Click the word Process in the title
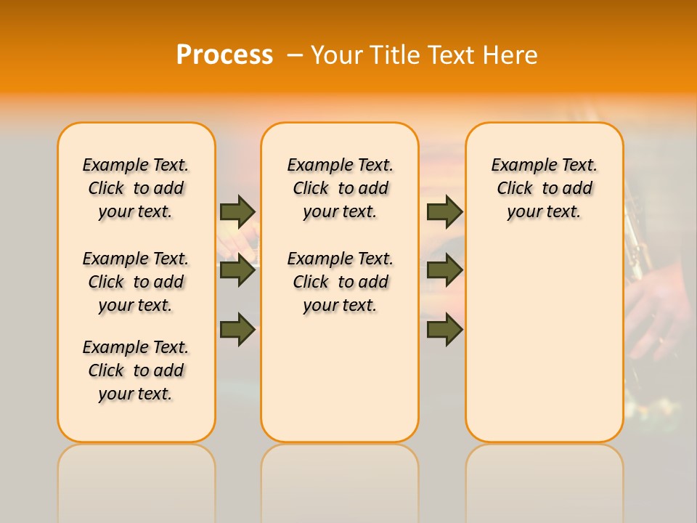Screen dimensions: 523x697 pyautogui.click(x=224, y=54)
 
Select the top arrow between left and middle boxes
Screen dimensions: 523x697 pyautogui.click(x=237, y=211)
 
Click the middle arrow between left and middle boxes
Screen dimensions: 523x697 pyautogui.click(x=237, y=271)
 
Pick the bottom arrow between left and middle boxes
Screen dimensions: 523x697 pyautogui.click(x=237, y=330)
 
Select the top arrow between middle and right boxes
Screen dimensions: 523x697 pyautogui.click(x=444, y=211)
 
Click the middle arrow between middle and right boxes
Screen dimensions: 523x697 pyautogui.click(x=444, y=271)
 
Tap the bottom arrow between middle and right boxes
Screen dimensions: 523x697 pyautogui.click(x=444, y=330)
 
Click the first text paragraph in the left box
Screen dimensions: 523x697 pyautogui.click(x=136, y=188)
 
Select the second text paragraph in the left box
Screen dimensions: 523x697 pyautogui.click(x=136, y=282)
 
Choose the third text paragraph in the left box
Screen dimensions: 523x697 pyautogui.click(x=136, y=370)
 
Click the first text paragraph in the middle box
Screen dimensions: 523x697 pyautogui.click(x=340, y=188)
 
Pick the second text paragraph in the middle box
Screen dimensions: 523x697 pyautogui.click(x=340, y=282)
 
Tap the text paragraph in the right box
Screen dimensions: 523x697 pyautogui.click(x=544, y=188)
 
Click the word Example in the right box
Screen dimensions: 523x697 pyautogui.click(x=518, y=166)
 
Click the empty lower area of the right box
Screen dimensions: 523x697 pyautogui.click(x=544, y=349)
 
